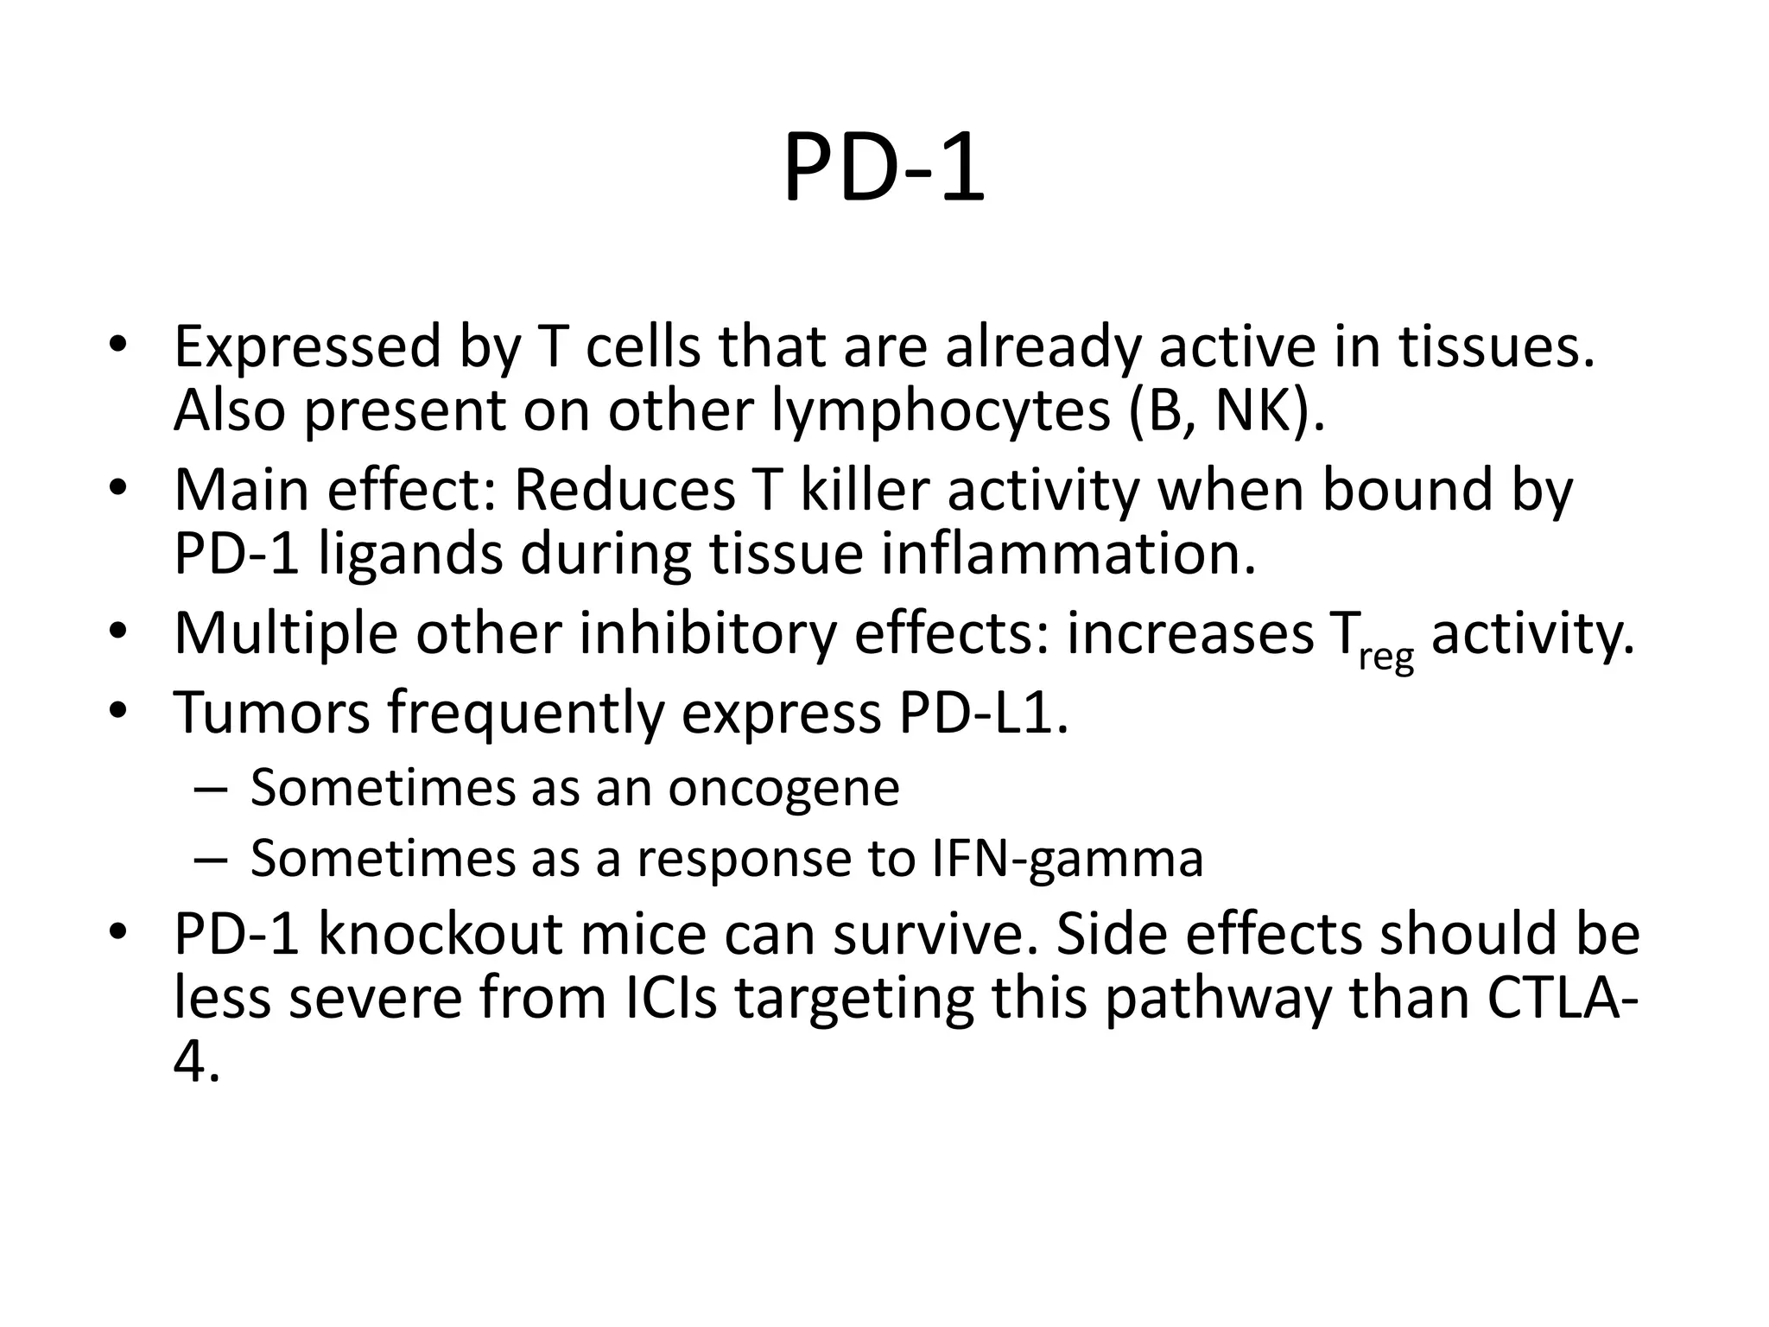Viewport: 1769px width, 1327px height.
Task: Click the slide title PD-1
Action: tap(884, 168)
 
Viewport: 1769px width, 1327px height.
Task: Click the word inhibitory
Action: tap(707, 633)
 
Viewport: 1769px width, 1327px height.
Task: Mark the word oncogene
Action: tap(783, 788)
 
